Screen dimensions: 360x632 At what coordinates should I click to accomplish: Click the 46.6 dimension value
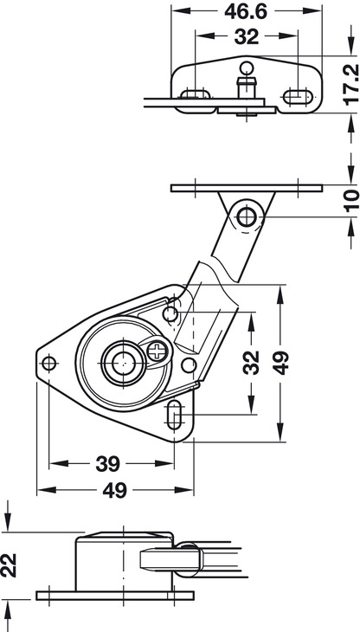[246, 11]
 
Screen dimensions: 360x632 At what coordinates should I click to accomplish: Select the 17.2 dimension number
[351, 84]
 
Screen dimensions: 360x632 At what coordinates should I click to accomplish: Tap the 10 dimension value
[351, 201]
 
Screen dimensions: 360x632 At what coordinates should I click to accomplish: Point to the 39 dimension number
[107, 464]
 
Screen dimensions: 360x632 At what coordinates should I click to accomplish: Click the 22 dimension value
[9, 565]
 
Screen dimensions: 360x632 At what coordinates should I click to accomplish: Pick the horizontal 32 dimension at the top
[246, 37]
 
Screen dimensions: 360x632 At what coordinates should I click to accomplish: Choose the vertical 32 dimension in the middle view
[251, 363]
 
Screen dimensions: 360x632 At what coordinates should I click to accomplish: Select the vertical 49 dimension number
[280, 363]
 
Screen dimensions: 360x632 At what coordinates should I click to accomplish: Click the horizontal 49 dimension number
[115, 491]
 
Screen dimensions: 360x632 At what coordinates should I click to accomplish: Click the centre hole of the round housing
[123, 363]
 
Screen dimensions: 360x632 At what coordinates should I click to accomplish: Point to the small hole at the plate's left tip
[49, 363]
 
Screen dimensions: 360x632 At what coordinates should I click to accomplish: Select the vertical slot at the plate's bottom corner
[174, 415]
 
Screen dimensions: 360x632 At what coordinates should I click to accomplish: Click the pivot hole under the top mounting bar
[247, 216]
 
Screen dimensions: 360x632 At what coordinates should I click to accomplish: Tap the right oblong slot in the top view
[298, 97]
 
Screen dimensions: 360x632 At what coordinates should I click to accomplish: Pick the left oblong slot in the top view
[196, 94]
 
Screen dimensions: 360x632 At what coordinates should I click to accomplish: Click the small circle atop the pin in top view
[247, 68]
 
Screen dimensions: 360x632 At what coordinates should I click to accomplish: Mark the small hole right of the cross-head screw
[189, 364]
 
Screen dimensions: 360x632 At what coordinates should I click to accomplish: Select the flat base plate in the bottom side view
[115, 596]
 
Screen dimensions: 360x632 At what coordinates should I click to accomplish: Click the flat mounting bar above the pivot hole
[247, 188]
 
